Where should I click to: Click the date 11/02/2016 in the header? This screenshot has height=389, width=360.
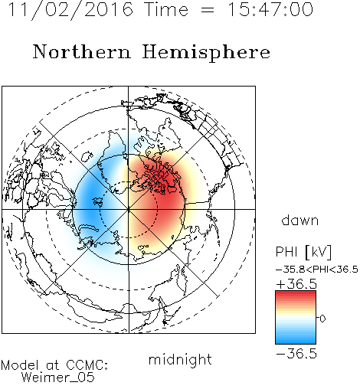pyautogui.click(x=70, y=10)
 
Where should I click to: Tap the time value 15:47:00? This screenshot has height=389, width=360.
pyautogui.click(x=270, y=9)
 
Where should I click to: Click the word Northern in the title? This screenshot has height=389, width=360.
pyautogui.click(x=82, y=52)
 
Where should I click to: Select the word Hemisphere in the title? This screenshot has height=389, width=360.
pyautogui.click(x=206, y=53)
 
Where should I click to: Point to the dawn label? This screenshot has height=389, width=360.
pyautogui.click(x=300, y=220)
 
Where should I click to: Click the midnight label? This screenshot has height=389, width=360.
pyautogui.click(x=180, y=360)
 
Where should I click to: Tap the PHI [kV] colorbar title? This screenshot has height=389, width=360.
pyautogui.click(x=303, y=252)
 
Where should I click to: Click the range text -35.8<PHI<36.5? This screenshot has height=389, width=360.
pyautogui.click(x=317, y=270)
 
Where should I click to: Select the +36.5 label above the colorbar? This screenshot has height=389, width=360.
pyautogui.click(x=296, y=284)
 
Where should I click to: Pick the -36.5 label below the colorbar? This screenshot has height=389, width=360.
pyautogui.click(x=296, y=354)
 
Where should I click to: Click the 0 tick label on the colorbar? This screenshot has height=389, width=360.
pyautogui.click(x=322, y=319)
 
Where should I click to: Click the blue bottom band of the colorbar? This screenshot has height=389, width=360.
pyautogui.click(x=296, y=341)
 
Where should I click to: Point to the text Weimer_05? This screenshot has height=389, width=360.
pyautogui.click(x=58, y=378)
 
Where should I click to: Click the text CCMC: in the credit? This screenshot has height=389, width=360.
pyautogui.click(x=87, y=365)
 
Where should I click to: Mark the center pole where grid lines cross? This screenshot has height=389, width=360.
pyautogui.click(x=129, y=209)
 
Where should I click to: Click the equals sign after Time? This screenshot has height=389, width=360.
pyautogui.click(x=207, y=10)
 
